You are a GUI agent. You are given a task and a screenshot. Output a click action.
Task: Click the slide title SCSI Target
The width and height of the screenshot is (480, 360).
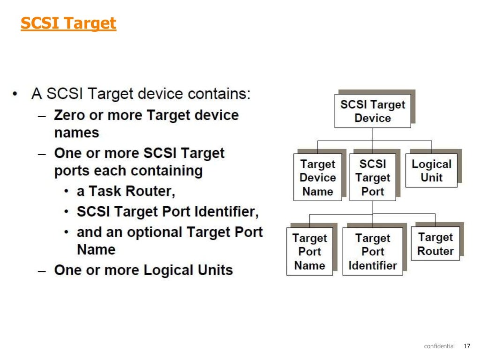coord(68,23)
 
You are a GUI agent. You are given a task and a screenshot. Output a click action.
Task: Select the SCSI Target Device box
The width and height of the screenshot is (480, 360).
coord(372,111)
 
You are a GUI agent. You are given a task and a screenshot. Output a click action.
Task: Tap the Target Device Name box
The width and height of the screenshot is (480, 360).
coord(317,178)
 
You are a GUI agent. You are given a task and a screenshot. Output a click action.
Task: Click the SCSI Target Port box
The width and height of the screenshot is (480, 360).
coord(372,178)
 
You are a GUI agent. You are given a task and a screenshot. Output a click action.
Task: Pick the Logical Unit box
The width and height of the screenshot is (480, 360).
coord(431,171)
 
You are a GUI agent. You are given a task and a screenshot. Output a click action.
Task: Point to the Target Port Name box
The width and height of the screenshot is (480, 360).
coord(309,252)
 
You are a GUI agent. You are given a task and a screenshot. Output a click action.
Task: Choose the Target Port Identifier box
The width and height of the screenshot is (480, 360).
coord(372,252)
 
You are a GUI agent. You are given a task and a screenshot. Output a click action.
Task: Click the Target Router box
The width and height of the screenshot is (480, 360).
coord(435,244)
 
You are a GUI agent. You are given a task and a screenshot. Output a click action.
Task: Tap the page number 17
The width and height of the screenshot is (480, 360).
coord(466,346)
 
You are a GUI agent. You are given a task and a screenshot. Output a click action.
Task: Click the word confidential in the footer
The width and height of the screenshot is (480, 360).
coord(439,346)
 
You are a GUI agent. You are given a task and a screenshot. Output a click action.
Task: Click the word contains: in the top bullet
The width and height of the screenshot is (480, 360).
coord(219,94)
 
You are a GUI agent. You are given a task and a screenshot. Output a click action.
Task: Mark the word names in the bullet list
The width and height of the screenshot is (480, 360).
coord(76,133)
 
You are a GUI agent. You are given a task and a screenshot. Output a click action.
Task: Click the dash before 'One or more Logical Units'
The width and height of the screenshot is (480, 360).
coord(43,270)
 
